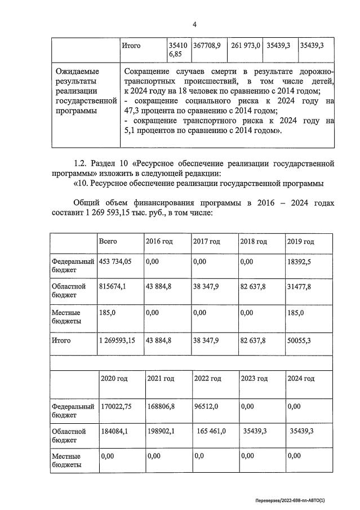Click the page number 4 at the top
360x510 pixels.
point(194,24)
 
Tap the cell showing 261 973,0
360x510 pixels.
point(245,46)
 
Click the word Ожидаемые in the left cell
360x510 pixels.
point(78,72)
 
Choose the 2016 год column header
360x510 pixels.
point(159,241)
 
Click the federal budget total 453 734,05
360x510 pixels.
point(115,261)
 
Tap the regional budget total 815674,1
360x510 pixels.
point(113,286)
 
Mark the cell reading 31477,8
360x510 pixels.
point(299,286)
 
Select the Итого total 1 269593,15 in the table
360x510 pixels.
point(117,340)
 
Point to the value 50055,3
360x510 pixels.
point(299,340)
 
